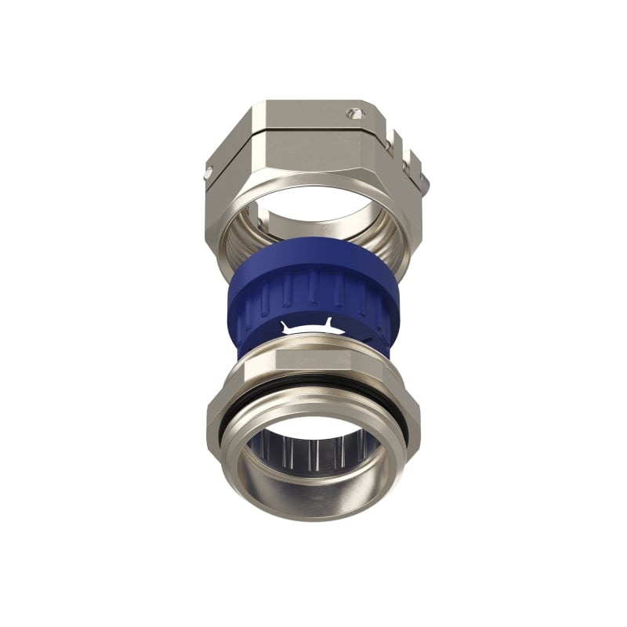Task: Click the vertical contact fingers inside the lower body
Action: pyautogui.click(x=313, y=455)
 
